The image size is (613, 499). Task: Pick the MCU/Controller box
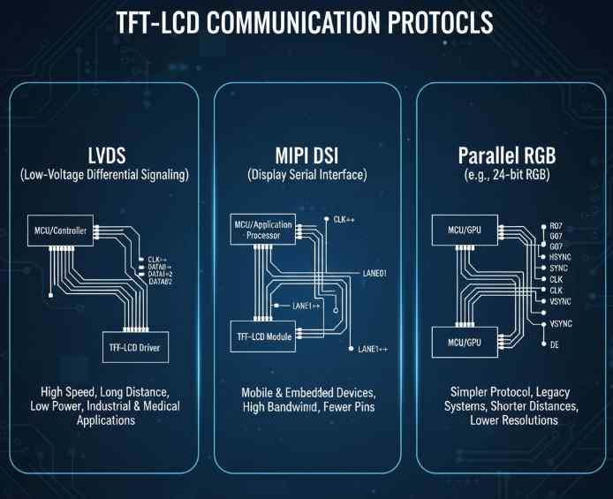coord(57,231)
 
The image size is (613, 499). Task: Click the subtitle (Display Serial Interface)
coord(306,176)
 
